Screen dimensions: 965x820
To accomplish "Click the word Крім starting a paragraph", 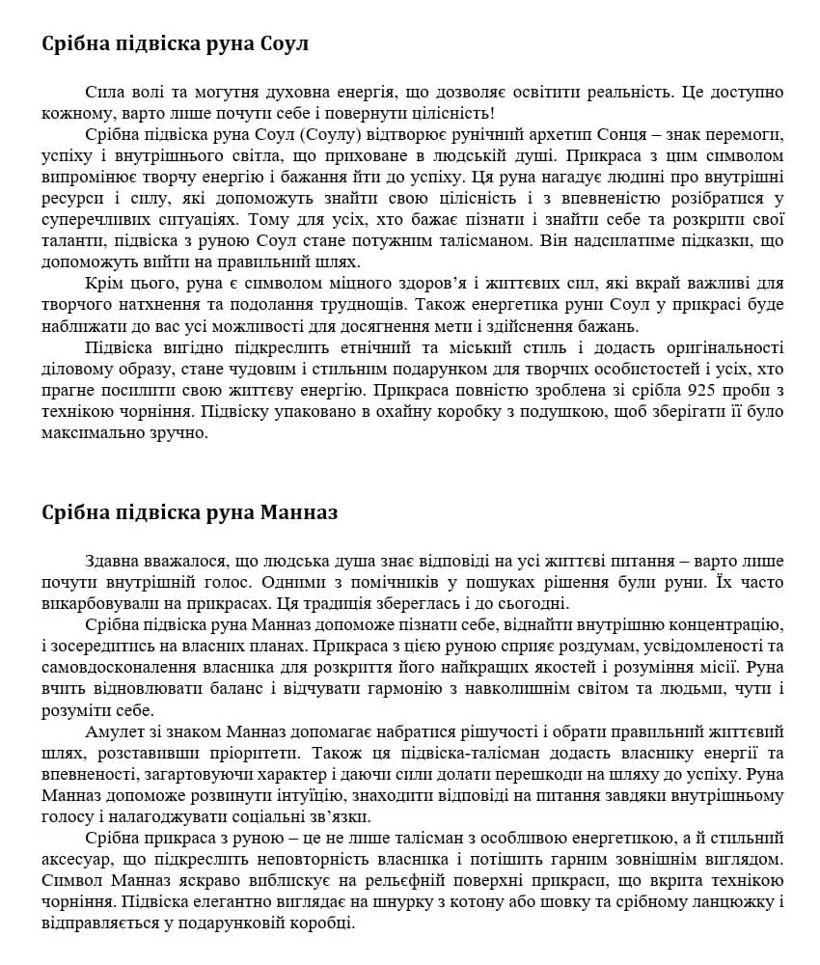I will tap(105, 284).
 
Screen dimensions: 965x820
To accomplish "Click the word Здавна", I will tap(112, 562).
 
